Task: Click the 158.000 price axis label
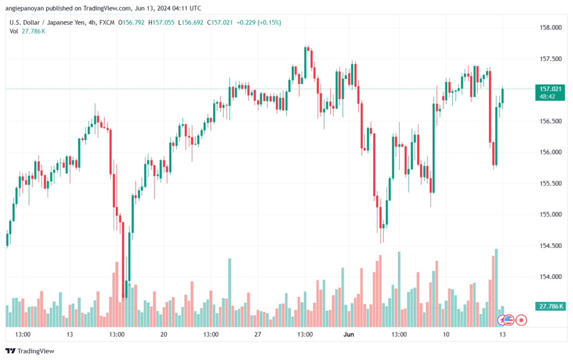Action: [551, 27]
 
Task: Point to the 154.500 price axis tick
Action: [551, 246]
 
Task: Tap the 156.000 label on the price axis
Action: [551, 152]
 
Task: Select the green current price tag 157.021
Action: [550, 92]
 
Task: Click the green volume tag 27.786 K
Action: [551, 306]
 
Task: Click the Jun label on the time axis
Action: [349, 334]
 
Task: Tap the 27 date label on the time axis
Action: [257, 334]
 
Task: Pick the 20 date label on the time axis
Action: [164, 334]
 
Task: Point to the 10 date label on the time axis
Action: [446, 334]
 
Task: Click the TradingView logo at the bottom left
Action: [30, 351]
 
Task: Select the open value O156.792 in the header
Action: [131, 22]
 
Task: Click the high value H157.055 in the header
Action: [161, 22]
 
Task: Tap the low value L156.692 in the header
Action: [190, 22]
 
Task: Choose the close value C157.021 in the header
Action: [219, 22]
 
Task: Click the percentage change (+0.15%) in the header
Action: [269, 22]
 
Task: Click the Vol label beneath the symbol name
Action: [13, 31]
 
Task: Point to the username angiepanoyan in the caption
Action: [25, 8]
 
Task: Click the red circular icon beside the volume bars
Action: [521, 320]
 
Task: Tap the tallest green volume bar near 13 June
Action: [496, 288]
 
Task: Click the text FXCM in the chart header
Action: [107, 22]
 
